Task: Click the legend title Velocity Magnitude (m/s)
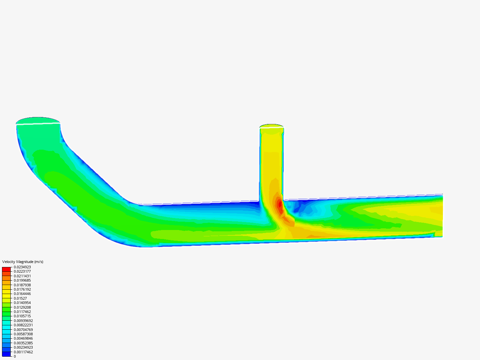tap(23, 262)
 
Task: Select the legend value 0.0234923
tap(22, 267)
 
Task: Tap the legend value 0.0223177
tap(22, 271)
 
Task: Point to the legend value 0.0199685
tap(22, 280)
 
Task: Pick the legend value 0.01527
tap(20, 298)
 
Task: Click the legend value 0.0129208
tap(22, 307)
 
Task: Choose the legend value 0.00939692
tap(23, 321)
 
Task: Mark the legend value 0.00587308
tap(23, 334)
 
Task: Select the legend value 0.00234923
tap(23, 347)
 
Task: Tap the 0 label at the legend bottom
tap(15, 356)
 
